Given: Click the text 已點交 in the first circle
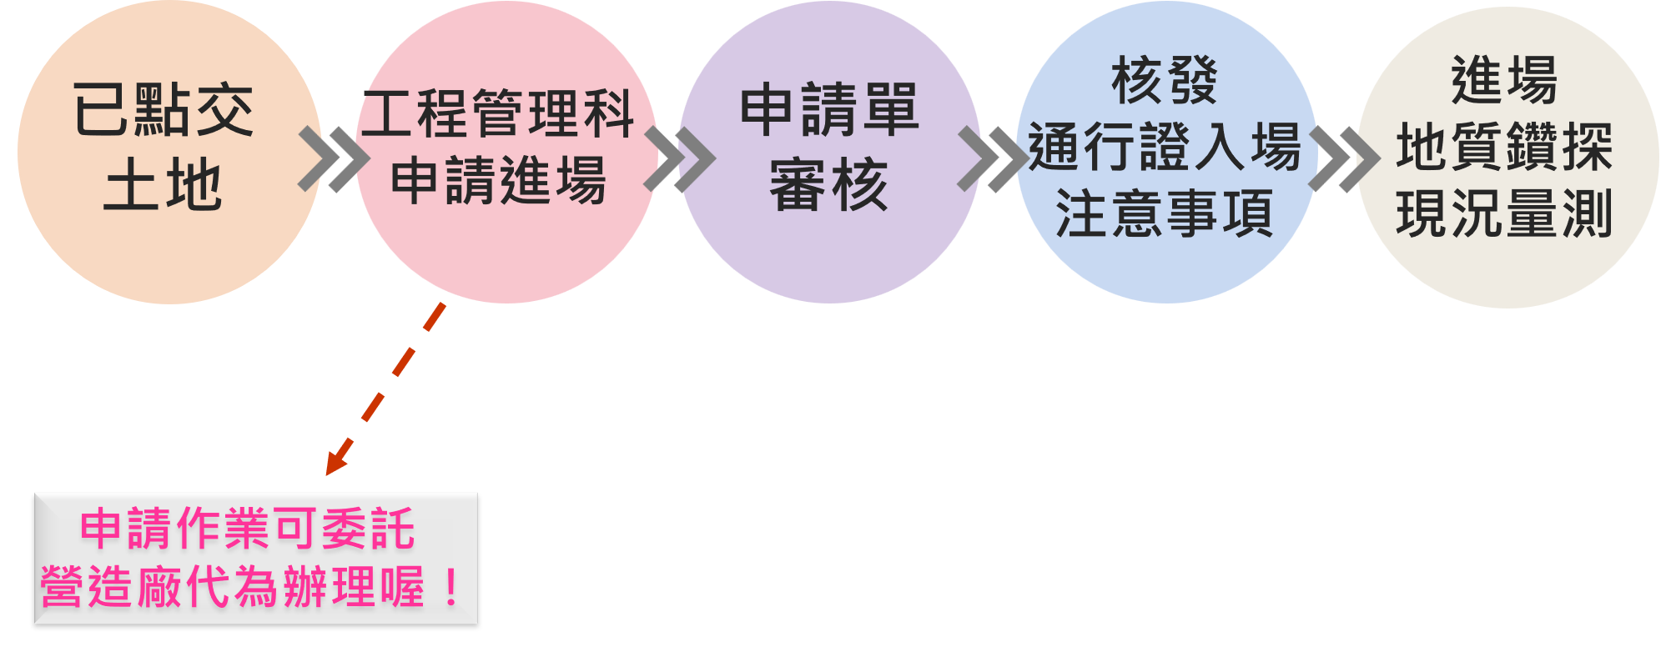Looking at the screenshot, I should pyautogui.click(x=164, y=110).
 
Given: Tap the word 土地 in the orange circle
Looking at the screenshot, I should pyautogui.click(x=164, y=185).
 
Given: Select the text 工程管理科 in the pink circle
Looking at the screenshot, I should pyautogui.click(x=498, y=114).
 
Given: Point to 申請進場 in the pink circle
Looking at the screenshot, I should pyautogui.click(x=498, y=181).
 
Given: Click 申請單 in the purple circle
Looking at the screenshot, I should pyautogui.click(x=829, y=110).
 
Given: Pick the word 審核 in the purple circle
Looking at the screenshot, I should pyautogui.click(x=829, y=185).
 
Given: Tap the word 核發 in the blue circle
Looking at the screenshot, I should pyautogui.click(x=1165, y=81).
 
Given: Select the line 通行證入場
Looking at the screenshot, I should pyautogui.click(x=1165, y=148).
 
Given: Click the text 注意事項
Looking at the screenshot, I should pyautogui.click(x=1165, y=214).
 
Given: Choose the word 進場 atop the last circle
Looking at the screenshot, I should pyautogui.click(x=1504, y=81).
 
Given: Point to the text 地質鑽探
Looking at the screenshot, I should pyautogui.click(x=1504, y=148).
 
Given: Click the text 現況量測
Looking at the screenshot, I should pyautogui.click(x=1504, y=214).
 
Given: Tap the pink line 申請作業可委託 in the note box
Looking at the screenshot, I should pyautogui.click(x=247, y=529).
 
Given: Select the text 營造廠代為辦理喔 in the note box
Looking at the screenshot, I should pyautogui.click(x=234, y=587).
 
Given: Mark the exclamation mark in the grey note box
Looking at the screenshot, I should pyautogui.click(x=450, y=589).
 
